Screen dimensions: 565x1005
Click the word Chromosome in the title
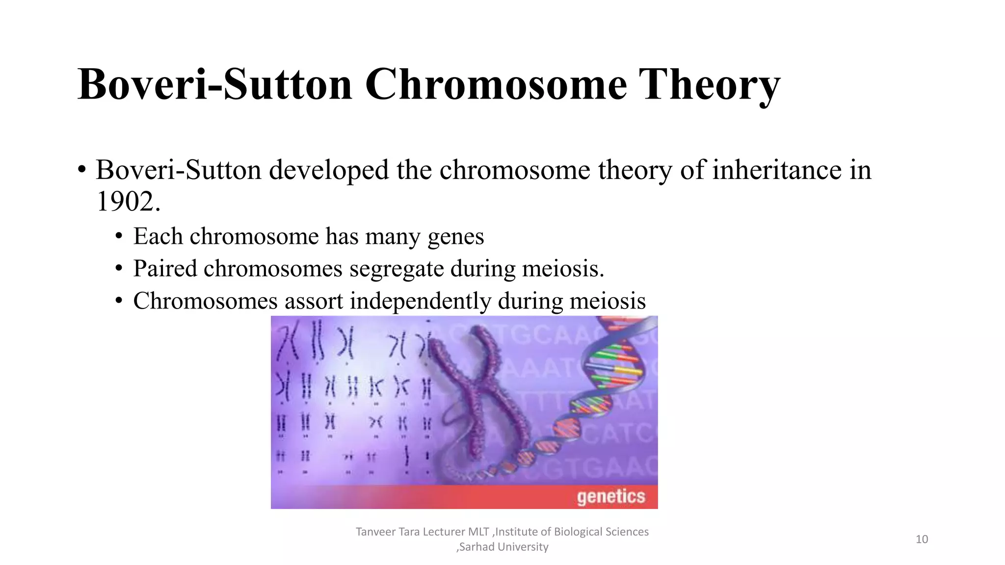(496, 84)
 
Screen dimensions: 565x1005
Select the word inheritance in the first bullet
(777, 170)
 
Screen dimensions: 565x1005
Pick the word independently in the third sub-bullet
(420, 301)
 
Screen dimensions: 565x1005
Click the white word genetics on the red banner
(610, 496)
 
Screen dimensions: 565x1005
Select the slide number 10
(922, 539)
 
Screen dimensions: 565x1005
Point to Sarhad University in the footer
(503, 547)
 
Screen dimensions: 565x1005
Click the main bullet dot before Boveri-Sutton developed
(82, 171)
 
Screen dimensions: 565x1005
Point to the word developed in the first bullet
(328, 170)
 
